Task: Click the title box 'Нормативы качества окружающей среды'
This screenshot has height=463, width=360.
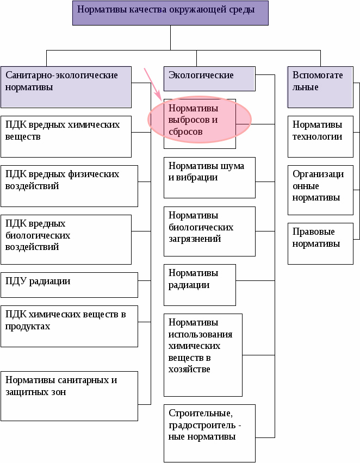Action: point(170,13)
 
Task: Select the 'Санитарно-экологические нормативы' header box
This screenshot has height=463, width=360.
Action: point(66,86)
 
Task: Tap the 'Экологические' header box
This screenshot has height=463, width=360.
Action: point(209,78)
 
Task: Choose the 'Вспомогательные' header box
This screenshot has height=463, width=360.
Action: point(320,86)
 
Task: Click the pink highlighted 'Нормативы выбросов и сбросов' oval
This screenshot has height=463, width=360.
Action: point(200,121)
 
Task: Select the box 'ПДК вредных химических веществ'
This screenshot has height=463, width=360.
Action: point(66,136)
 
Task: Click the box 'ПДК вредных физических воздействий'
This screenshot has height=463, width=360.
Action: point(69,186)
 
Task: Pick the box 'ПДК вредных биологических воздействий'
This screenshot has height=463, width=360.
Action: point(66,239)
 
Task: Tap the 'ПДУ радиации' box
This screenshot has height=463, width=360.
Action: point(69,285)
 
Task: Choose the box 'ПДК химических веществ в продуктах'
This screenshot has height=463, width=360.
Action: point(69,326)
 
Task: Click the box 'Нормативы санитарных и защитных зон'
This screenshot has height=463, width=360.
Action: point(69,396)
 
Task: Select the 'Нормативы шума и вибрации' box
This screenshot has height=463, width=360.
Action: point(209,178)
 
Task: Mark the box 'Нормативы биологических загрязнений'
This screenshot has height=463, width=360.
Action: point(209,231)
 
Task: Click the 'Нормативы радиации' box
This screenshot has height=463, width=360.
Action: point(200,285)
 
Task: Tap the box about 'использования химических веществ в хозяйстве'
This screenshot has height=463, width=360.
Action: point(203,354)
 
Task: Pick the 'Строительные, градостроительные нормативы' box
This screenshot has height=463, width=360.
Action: point(209,433)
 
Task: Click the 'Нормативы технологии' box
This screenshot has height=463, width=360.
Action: point(320,136)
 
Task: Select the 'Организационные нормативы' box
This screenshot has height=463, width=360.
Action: point(320,190)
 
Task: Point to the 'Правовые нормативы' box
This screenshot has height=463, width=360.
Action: point(320,243)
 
